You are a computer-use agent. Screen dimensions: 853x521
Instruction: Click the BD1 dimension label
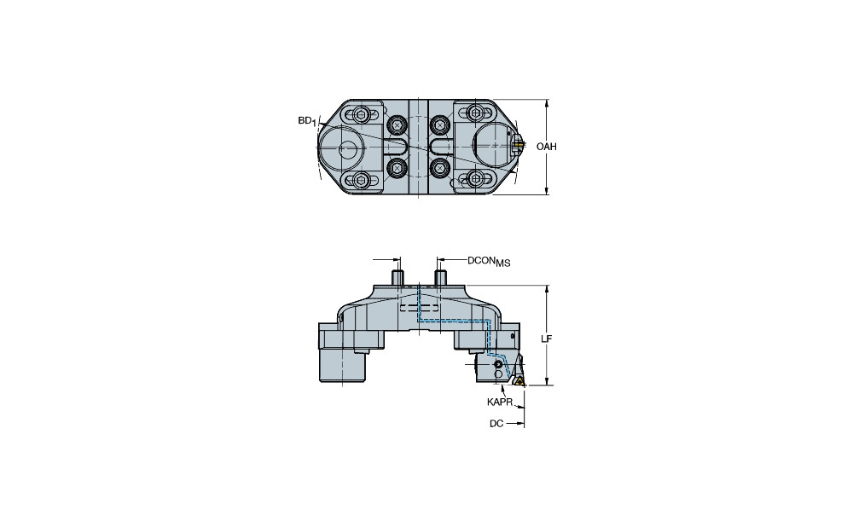[307, 121]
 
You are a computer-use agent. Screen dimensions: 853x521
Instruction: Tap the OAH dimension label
[547, 147]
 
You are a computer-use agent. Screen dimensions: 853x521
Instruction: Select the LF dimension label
[547, 339]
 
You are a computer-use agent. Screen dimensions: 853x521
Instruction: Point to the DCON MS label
[489, 261]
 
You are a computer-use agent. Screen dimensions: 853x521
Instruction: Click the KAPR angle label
[499, 402]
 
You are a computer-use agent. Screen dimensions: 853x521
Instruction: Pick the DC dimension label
[496, 423]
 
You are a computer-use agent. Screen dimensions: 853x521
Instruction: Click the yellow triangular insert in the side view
[519, 380]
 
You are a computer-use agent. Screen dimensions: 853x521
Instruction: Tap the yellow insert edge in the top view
[519, 145]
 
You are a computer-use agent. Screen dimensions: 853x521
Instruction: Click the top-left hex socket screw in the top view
[361, 115]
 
